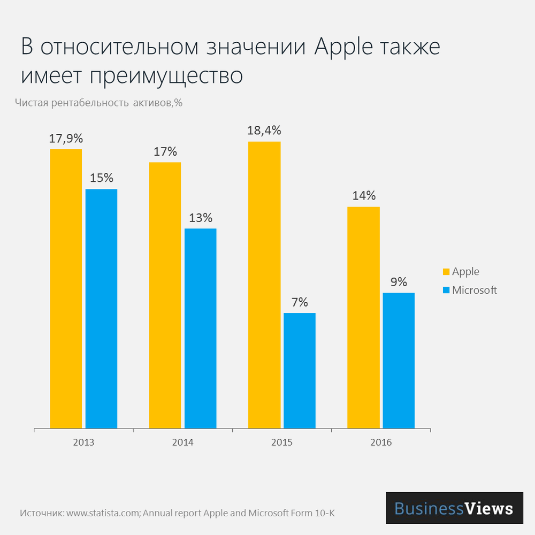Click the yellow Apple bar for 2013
(x=66, y=289)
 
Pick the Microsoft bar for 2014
(x=200, y=328)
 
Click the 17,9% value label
(x=66, y=138)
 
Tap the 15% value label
(x=101, y=178)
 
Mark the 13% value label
(x=201, y=218)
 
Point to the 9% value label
(x=399, y=282)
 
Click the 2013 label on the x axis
(x=83, y=443)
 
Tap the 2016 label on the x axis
(x=380, y=443)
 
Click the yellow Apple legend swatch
(x=446, y=272)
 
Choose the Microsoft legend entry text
(x=474, y=290)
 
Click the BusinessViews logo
(x=454, y=508)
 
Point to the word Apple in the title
(x=342, y=47)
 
